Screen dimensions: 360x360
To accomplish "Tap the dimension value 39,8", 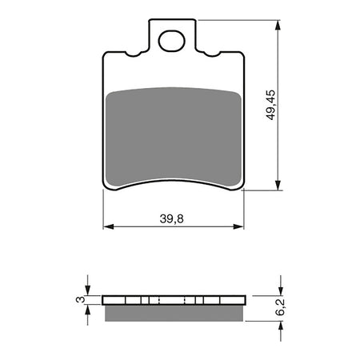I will click(x=174, y=216).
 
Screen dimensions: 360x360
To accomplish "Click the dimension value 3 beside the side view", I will click(x=79, y=299).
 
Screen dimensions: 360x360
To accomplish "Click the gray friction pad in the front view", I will click(x=174, y=136).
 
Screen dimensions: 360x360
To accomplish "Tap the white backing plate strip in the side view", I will click(x=174, y=301).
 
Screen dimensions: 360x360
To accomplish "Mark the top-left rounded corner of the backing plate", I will click(x=107, y=57).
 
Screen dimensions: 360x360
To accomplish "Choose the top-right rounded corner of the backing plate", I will click(x=241, y=57).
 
